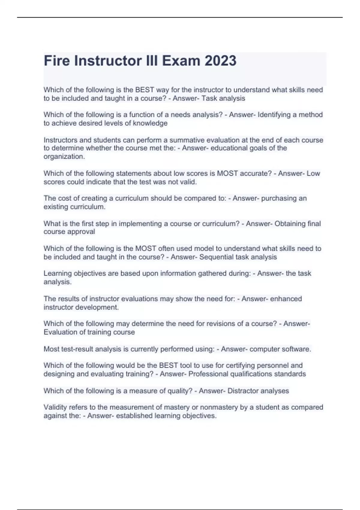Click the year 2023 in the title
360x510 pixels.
[x=220, y=61]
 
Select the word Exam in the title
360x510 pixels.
[x=181, y=61]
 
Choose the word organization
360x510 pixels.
[x=64, y=157]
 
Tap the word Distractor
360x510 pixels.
[x=242, y=391]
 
